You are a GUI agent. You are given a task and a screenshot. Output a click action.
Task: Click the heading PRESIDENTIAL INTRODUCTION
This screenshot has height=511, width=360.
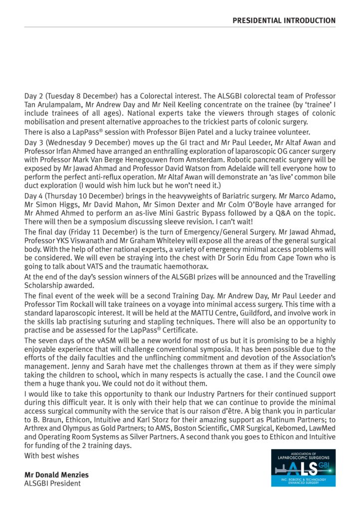pyautogui.click(x=284, y=20)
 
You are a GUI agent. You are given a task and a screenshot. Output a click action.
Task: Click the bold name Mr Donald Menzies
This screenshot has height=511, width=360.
pyautogui.click(x=53, y=475)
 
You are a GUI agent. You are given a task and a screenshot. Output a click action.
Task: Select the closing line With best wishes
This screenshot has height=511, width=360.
pyautogui.click(x=51, y=456)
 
